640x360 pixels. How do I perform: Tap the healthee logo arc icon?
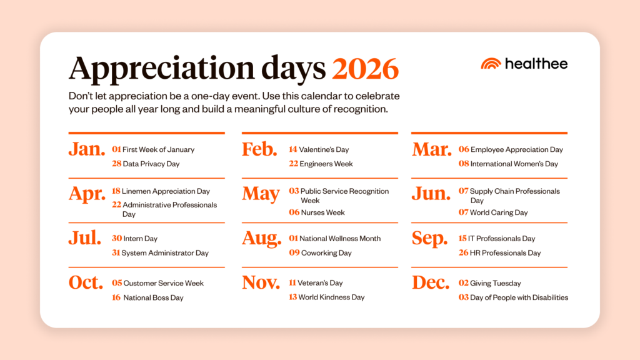click(x=491, y=64)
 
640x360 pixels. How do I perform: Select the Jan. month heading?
click(x=87, y=150)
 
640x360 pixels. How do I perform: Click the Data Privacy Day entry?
click(x=151, y=164)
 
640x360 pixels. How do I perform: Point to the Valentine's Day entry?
click(x=324, y=149)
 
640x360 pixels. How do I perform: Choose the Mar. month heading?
click(x=431, y=150)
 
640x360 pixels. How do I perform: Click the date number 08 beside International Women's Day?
click(x=463, y=164)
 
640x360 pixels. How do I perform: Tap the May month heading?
click(x=261, y=194)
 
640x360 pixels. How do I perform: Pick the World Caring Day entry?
click(x=499, y=212)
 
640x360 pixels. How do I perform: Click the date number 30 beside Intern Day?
click(x=116, y=238)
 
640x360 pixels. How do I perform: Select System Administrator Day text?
click(x=165, y=253)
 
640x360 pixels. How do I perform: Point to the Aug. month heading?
click(x=262, y=239)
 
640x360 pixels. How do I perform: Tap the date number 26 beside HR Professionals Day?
click(x=463, y=253)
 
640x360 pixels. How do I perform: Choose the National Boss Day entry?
click(x=153, y=298)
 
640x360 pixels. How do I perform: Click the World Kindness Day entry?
click(x=331, y=297)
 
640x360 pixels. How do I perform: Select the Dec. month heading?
click(x=431, y=283)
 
